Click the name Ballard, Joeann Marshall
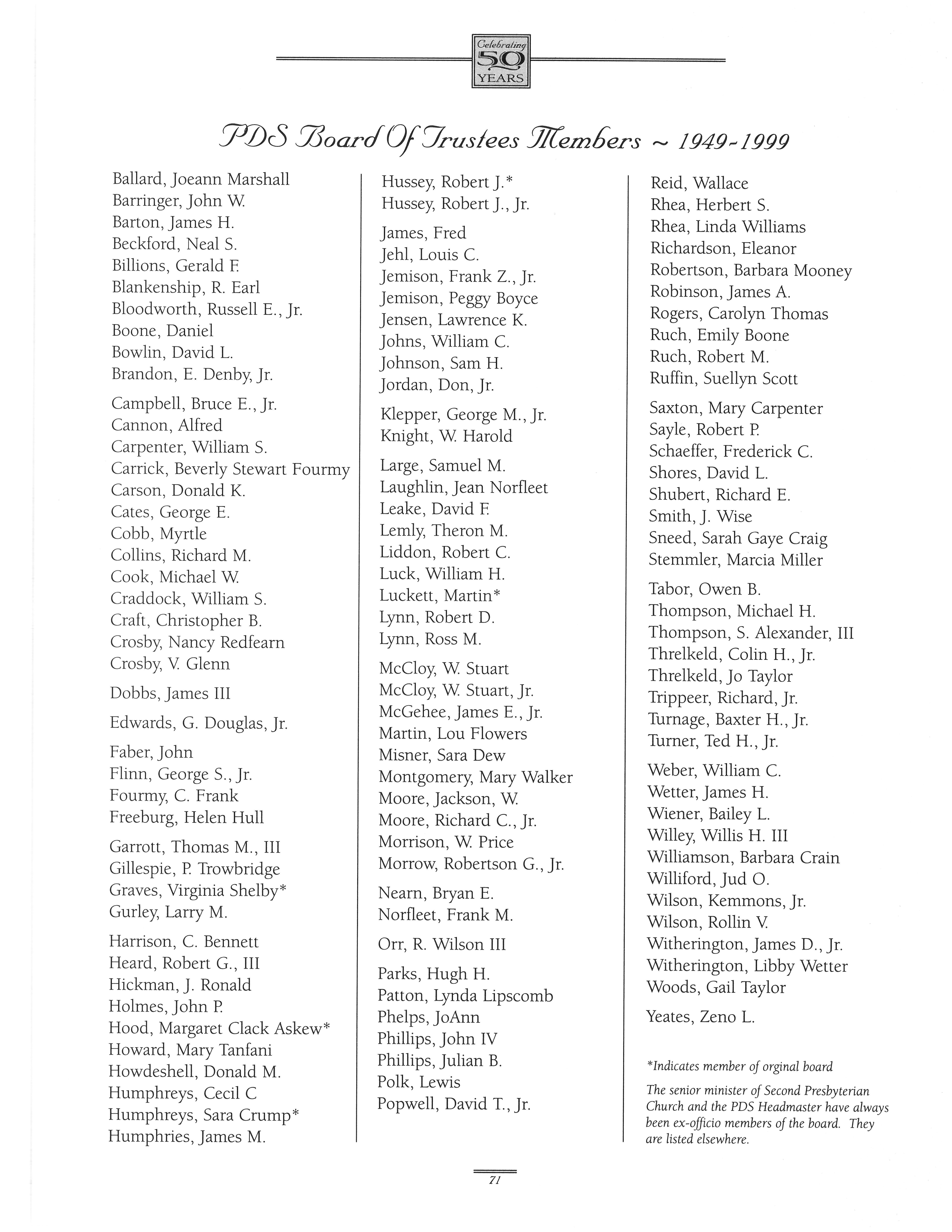201,179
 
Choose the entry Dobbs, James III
170,693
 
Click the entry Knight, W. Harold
446,436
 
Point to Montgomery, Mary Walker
475,777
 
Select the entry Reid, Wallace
699,183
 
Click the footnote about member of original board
739,1066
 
